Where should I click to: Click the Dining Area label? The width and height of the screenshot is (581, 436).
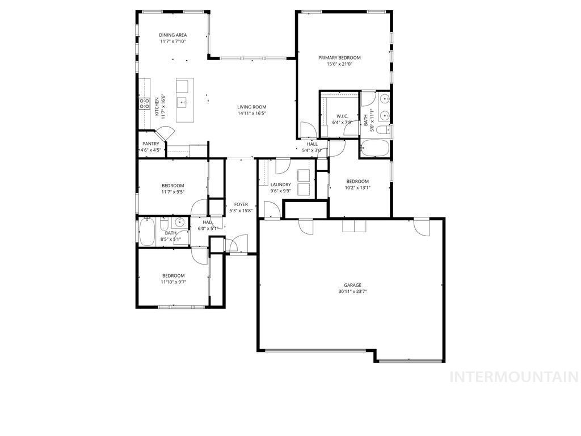click(x=173, y=35)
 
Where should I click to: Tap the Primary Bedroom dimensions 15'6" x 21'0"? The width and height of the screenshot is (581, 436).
click(x=339, y=64)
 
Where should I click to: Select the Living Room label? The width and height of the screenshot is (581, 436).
click(x=251, y=107)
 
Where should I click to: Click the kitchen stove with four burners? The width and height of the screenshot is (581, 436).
click(x=145, y=103)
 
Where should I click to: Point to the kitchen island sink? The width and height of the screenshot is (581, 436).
click(x=182, y=103)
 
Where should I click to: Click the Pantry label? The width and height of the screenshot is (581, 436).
click(x=151, y=144)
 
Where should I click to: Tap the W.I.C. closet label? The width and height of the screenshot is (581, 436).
click(x=342, y=116)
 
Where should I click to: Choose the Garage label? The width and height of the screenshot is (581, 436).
click(x=352, y=285)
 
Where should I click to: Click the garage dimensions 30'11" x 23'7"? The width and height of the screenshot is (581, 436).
click(x=352, y=292)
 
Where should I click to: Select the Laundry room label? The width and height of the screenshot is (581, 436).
click(x=281, y=185)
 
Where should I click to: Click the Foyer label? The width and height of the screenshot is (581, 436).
click(x=241, y=204)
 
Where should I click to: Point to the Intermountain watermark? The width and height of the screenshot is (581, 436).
click(x=513, y=377)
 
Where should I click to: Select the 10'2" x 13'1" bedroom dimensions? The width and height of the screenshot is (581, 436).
click(x=358, y=188)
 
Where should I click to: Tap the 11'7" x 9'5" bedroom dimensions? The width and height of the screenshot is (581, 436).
click(x=173, y=192)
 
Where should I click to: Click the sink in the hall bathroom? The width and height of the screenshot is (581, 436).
click(x=179, y=222)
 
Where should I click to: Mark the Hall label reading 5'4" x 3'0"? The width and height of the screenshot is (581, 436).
click(x=312, y=150)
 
